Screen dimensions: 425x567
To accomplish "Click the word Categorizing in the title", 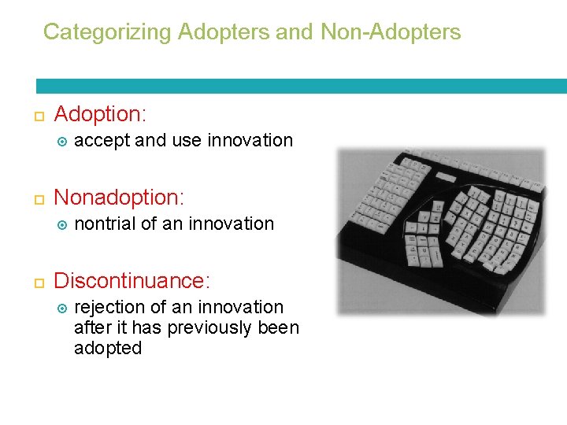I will pyautogui.click(x=107, y=32).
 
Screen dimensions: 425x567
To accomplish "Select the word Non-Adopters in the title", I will pyautogui.click(x=391, y=32).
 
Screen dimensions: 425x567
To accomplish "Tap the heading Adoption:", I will pyautogui.click(x=100, y=114).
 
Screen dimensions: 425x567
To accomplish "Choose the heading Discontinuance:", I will pyautogui.click(x=132, y=281).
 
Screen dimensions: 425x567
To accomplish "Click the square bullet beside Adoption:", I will pyautogui.click(x=38, y=116).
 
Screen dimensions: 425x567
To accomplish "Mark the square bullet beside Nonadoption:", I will pyautogui.click(x=38, y=198).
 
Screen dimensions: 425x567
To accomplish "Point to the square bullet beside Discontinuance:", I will pyautogui.click(x=38, y=283).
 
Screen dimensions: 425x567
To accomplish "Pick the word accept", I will pyautogui.click(x=102, y=141).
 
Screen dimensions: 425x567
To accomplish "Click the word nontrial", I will pyautogui.click(x=105, y=224).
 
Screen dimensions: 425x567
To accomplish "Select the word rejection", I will pyautogui.click(x=109, y=307).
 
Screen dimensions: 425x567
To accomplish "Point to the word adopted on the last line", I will pyautogui.click(x=108, y=348).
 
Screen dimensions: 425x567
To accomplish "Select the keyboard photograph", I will pyautogui.click(x=439, y=231).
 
